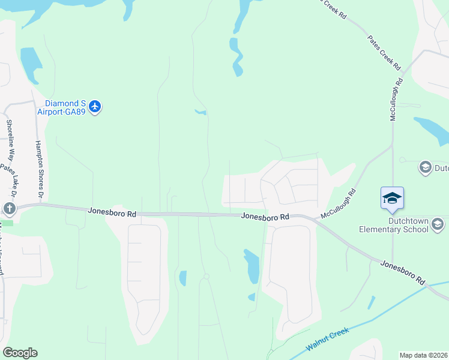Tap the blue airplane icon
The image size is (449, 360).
(x=94, y=107)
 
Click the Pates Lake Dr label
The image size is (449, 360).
(x=8, y=180)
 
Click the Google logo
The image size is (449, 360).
(x=20, y=353)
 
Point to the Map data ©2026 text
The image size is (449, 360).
(x=424, y=355)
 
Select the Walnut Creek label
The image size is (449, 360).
(x=328, y=339)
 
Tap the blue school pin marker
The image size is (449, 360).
(x=392, y=199)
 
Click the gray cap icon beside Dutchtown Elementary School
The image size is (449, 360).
(x=438, y=225)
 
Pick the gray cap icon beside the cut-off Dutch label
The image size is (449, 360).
(x=426, y=167)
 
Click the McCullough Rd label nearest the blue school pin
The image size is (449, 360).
(x=339, y=204)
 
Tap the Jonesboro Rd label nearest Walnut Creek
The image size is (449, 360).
(x=403, y=272)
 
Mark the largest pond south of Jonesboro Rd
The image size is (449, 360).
(x=252, y=266)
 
